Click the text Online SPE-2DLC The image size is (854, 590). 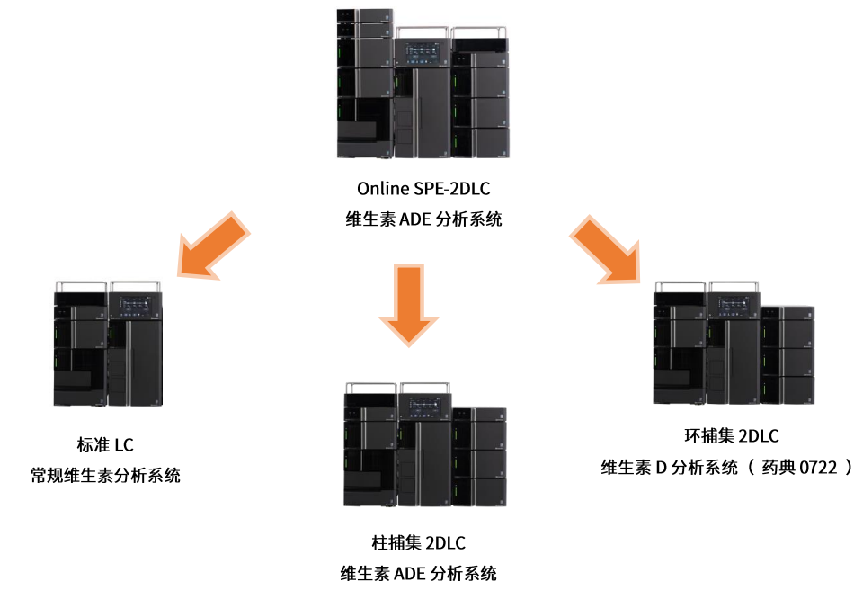pos(423,189)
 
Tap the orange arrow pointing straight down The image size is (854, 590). pos(408,305)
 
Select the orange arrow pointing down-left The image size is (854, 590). pos(214,246)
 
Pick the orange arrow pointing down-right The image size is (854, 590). pos(606,249)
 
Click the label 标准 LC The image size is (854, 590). pos(105,444)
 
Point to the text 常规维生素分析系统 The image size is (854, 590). pos(105,475)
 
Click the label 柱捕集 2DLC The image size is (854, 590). pos(418,542)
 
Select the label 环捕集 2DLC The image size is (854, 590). pos(732,436)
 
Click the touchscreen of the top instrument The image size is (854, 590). pos(423,52)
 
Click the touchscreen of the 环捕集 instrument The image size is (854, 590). pos(734,306)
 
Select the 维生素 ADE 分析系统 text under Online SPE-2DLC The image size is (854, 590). pos(423,219)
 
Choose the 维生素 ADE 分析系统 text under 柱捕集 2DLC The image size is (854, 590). pos(418,573)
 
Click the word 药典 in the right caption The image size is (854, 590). pos(773,467)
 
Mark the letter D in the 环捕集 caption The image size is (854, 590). pos(661,468)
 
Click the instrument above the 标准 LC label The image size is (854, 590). pos(108,344)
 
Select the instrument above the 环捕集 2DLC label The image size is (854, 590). pos(734,343)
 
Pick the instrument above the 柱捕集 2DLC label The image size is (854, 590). pos(425,444)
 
